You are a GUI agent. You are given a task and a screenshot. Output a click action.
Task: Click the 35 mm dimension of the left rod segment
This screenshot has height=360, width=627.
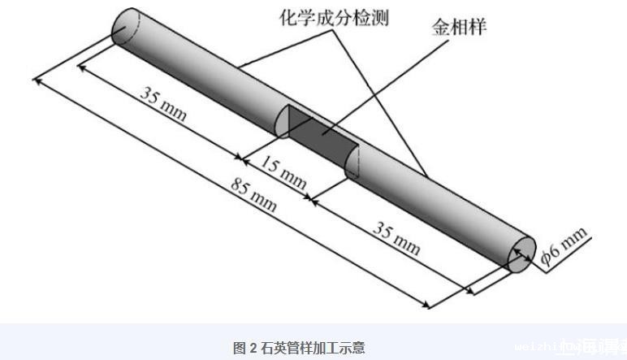click(x=162, y=103)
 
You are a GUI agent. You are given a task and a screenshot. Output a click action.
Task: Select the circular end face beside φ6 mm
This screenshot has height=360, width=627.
click(x=519, y=255)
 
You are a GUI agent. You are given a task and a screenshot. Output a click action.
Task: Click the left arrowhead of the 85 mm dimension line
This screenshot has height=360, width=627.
click(x=37, y=80)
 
